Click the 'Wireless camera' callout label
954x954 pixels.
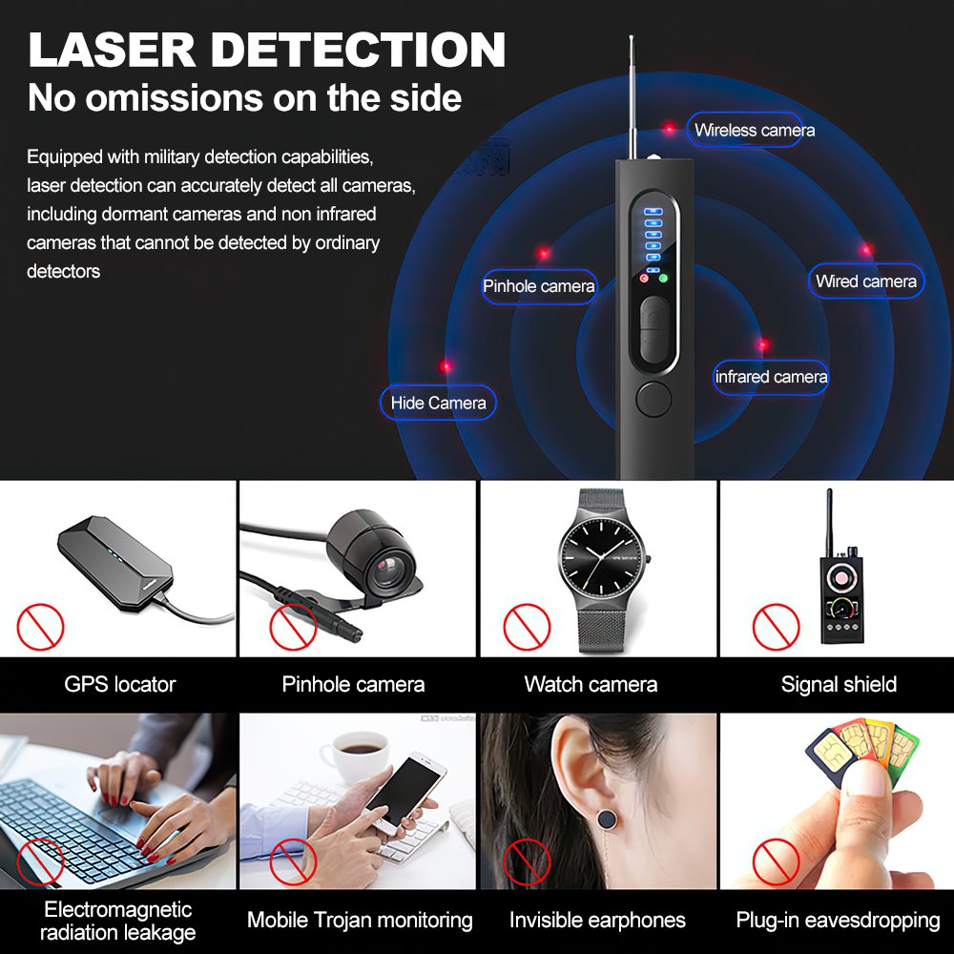pos(744,130)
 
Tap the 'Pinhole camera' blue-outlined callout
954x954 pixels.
pos(539,286)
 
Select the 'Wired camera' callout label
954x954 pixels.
pos(866,281)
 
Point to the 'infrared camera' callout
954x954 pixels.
pos(771,377)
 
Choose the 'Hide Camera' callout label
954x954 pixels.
pos(438,403)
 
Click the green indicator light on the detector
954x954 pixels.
pos(663,279)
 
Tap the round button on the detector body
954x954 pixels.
pos(653,399)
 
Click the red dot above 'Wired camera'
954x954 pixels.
pos(866,249)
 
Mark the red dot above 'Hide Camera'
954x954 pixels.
pos(446,365)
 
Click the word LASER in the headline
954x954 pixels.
pos(112,50)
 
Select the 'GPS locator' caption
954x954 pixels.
pos(120,684)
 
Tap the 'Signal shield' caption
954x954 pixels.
pos(839,684)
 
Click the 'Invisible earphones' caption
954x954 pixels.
pos(597,920)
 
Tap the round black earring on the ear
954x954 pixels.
pos(607,819)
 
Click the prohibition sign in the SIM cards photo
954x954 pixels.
pos(776,861)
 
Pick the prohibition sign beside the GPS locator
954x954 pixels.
pos(40,627)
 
